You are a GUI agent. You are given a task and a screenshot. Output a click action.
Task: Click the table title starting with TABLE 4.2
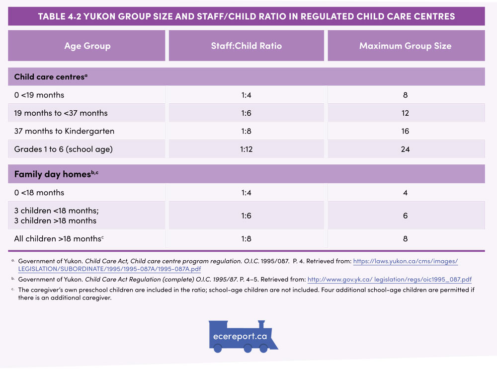(247, 16)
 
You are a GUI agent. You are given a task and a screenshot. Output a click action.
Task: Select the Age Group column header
(87, 46)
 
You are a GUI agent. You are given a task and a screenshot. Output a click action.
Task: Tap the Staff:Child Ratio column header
(246, 46)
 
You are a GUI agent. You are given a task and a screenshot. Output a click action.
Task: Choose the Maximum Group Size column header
(405, 46)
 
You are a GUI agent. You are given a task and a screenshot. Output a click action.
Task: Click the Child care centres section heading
(51, 77)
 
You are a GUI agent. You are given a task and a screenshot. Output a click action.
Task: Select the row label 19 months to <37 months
(61, 113)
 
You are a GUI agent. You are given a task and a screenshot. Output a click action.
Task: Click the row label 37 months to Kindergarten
(64, 131)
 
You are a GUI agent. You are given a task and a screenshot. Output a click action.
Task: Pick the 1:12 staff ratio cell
(246, 149)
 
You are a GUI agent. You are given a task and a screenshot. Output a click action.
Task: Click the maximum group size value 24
(405, 149)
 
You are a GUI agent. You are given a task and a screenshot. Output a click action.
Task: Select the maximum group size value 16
(405, 131)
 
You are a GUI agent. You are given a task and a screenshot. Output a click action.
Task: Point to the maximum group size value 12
(405, 113)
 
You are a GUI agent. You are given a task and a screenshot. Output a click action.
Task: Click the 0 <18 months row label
(39, 193)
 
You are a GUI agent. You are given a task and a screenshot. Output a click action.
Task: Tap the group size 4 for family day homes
(405, 193)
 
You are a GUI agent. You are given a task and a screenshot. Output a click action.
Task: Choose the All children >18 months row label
(59, 239)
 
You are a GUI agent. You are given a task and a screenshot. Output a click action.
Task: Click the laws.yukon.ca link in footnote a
(405, 261)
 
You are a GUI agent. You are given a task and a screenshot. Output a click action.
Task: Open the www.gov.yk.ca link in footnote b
(389, 280)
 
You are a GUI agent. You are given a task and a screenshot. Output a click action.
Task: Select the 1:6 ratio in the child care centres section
(246, 113)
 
